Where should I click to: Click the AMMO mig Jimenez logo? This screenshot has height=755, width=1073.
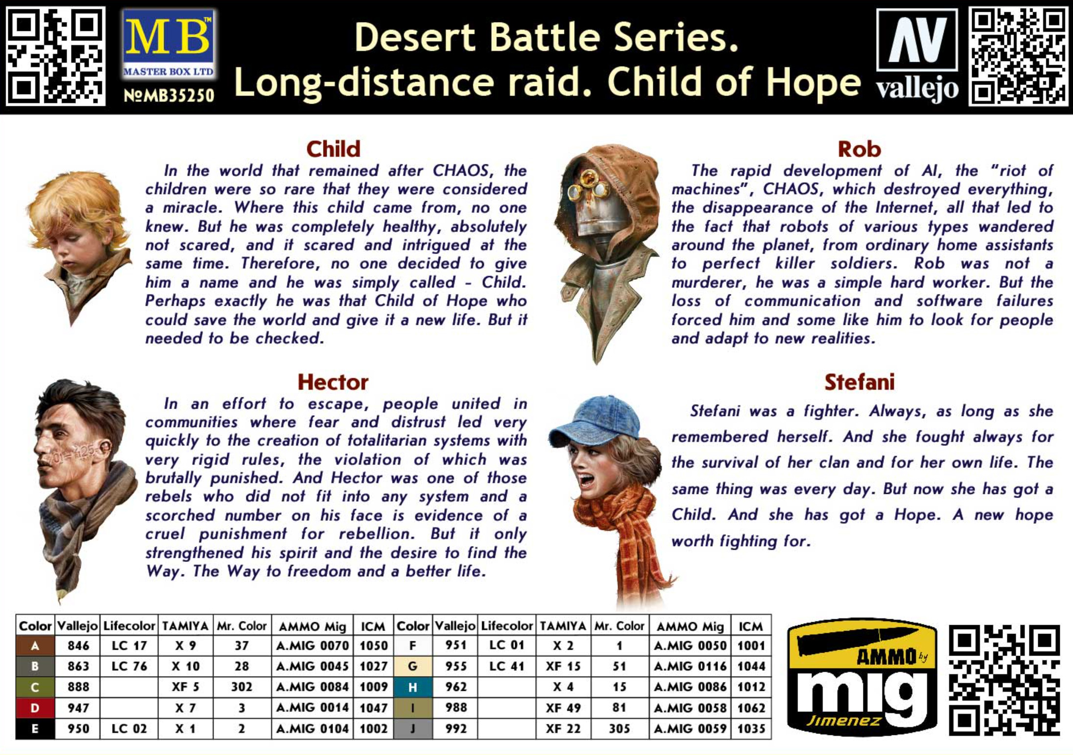point(861,677)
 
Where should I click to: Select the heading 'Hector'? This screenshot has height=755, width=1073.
point(333,383)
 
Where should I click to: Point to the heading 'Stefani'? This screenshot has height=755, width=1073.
point(859,383)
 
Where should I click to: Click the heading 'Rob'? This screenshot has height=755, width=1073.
point(859,149)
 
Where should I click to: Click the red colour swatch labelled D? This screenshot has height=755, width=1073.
point(35,708)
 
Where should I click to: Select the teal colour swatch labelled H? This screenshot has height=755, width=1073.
point(413,687)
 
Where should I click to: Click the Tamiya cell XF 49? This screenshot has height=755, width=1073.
point(563,708)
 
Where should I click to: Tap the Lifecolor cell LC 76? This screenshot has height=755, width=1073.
point(129,667)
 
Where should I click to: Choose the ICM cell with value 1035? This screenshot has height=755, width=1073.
point(751,729)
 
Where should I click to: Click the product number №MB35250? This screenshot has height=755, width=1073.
point(168,95)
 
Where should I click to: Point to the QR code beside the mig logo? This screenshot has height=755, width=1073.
point(1004,680)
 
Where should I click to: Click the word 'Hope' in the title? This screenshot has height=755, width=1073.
point(813,82)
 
